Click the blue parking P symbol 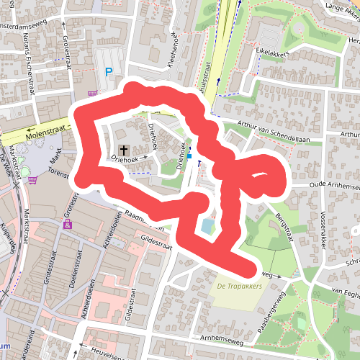coord(109,71)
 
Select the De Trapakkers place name coord(239,287)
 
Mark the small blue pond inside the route coord(207,227)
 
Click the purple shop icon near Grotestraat coord(68,225)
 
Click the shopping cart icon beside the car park coord(91,93)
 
